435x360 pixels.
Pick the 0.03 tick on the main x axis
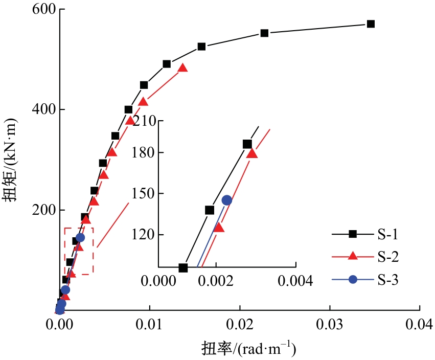tap(330, 324)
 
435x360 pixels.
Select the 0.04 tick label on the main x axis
tap(420, 324)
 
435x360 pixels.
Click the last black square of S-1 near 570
tap(371, 24)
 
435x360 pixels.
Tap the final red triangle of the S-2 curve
tap(182, 68)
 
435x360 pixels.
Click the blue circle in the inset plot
tap(226, 200)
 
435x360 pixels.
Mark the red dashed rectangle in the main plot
tap(79, 251)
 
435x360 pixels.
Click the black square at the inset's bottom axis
tap(183, 267)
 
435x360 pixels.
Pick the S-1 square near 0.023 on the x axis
tap(264, 33)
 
